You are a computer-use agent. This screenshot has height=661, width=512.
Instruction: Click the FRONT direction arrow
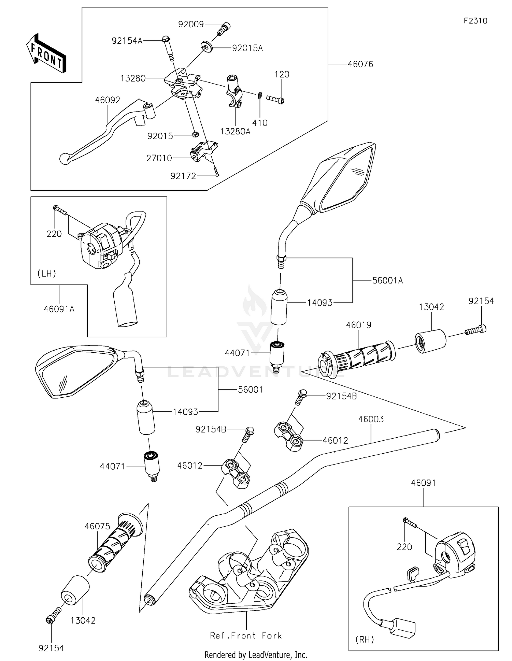pos(46,53)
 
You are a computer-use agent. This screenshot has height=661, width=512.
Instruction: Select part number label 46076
pos(360,64)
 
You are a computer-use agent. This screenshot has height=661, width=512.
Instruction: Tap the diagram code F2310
pos(475,21)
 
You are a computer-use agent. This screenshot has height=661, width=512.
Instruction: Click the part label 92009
pos(191,24)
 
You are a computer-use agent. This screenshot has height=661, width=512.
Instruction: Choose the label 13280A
pos(235,131)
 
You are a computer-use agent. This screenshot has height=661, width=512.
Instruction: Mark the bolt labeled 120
pos(275,100)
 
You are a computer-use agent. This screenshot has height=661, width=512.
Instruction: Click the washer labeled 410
pos(260,94)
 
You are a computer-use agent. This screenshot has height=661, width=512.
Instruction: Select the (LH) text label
pos(47,273)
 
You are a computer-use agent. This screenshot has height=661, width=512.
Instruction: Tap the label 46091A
pos(59,309)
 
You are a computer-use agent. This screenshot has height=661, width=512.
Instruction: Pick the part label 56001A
pos(387,280)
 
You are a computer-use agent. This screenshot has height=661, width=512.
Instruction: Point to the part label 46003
pos(371,419)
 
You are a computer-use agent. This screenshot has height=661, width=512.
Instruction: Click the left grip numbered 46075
pos(114,542)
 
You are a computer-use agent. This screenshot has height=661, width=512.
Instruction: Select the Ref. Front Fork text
pos(246,635)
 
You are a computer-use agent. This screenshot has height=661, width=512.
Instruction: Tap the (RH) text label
pos(365,640)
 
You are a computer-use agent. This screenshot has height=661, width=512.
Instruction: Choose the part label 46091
pos(423,483)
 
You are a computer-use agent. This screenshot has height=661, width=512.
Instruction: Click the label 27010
pos(159,158)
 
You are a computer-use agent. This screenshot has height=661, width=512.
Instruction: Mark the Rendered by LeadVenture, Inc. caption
pos(256,655)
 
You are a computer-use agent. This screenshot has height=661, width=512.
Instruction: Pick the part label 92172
pos(183,176)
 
